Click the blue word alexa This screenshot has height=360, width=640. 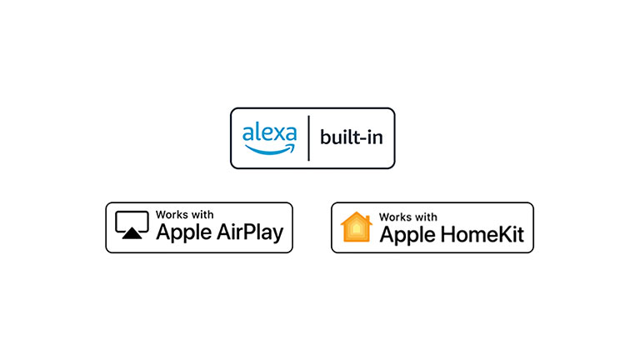click(269, 132)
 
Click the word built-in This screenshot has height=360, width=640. click(352, 137)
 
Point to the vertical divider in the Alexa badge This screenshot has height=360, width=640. click(309, 138)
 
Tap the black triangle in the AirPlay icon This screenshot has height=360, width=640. click(131, 235)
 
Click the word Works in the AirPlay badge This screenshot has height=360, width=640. click(171, 215)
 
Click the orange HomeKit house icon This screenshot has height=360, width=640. click(356, 227)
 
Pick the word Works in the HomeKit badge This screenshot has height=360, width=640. click(396, 216)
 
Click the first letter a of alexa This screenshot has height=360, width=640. click(247, 132)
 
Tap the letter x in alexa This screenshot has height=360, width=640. click(274, 132)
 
